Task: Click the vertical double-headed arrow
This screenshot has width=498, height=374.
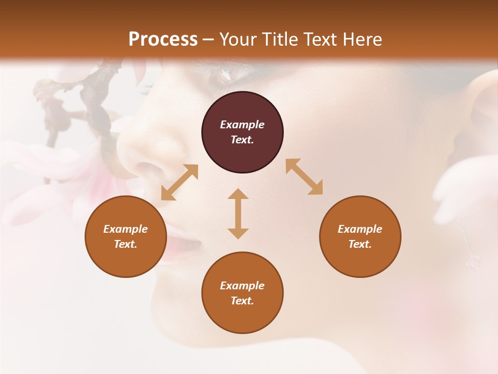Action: click(238, 213)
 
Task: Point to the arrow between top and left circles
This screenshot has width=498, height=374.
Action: click(179, 182)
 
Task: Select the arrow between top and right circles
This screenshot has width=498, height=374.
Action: click(304, 177)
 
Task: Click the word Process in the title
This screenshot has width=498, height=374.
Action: click(163, 39)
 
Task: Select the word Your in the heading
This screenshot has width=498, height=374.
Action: click(239, 39)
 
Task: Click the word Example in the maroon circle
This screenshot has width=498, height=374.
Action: click(242, 125)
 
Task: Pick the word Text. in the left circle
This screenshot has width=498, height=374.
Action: click(126, 244)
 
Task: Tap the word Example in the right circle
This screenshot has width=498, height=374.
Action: click(360, 229)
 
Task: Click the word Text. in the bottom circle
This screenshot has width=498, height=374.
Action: click(242, 301)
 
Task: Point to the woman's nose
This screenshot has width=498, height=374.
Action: click(150, 156)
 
